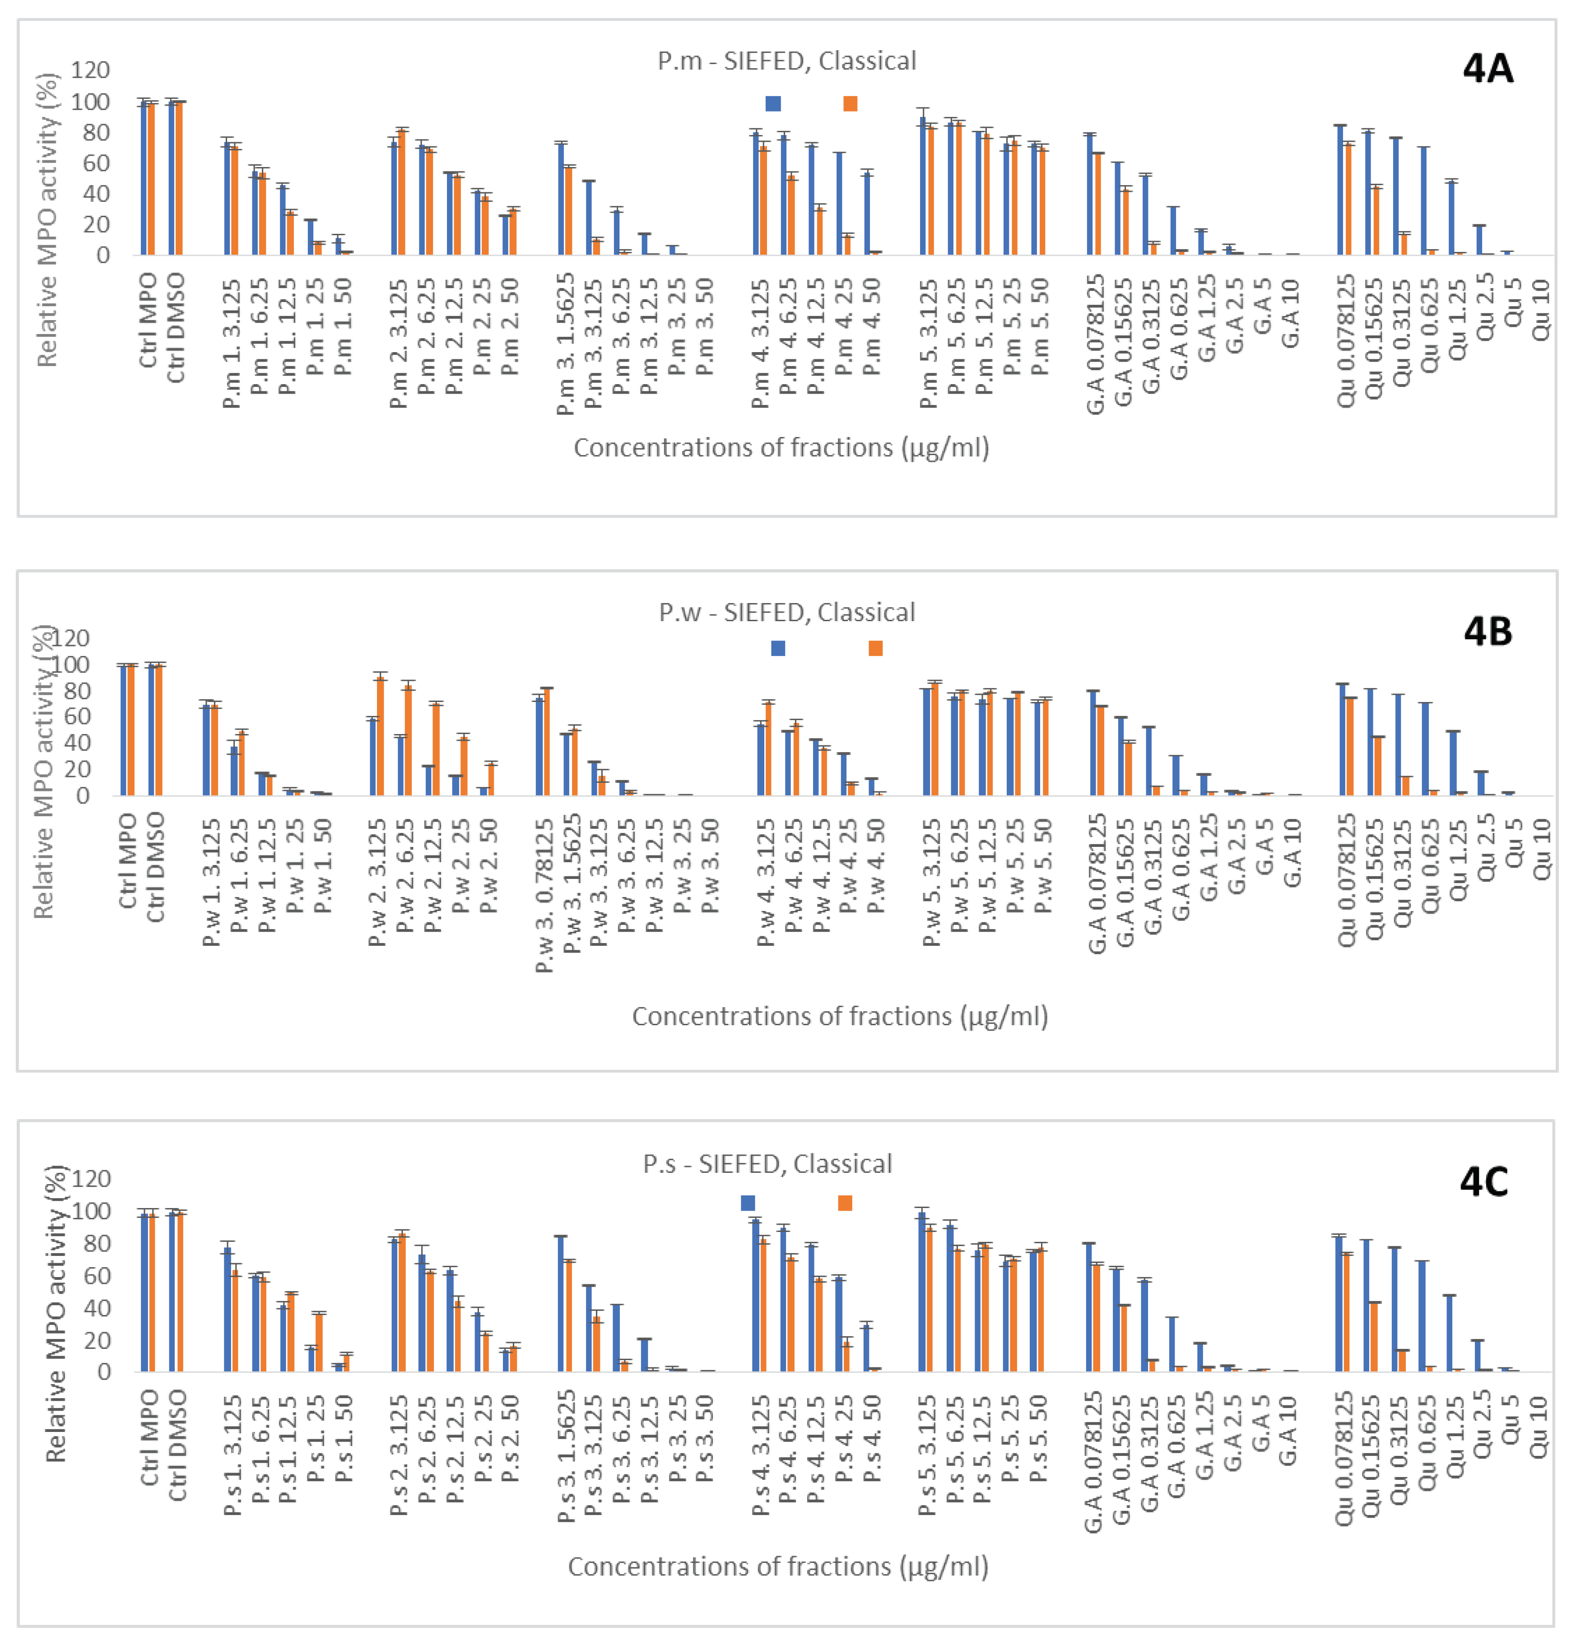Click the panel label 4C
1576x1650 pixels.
pyautogui.click(x=1483, y=1182)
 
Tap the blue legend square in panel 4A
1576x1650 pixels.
pyautogui.click(x=773, y=103)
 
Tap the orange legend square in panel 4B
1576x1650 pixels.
pyautogui.click(x=875, y=648)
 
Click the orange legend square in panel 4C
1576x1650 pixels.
pyautogui.click(x=845, y=1203)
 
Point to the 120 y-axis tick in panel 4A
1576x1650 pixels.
pyautogui.click(x=90, y=70)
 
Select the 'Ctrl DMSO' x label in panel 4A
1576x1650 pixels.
pyautogui.click(x=176, y=328)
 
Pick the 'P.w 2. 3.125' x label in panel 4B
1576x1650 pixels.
pyautogui.click(x=377, y=882)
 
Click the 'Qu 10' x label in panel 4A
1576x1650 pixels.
pyautogui.click(x=1541, y=311)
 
